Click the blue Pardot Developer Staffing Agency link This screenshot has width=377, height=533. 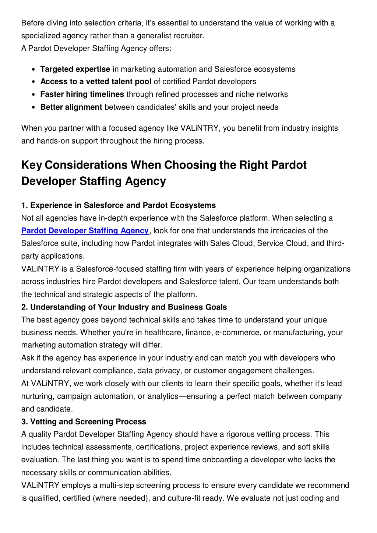point(85,231)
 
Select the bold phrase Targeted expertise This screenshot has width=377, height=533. point(75,69)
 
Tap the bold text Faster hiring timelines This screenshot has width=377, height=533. point(82,94)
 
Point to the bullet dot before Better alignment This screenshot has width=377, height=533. point(34,107)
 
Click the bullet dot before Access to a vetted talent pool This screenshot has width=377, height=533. point(34,82)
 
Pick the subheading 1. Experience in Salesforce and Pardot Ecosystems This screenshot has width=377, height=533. point(119,205)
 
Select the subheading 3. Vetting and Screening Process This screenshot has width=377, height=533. point(84,422)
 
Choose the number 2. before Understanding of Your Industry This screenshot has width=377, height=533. point(25,307)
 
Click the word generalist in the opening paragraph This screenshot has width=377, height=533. point(153,36)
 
